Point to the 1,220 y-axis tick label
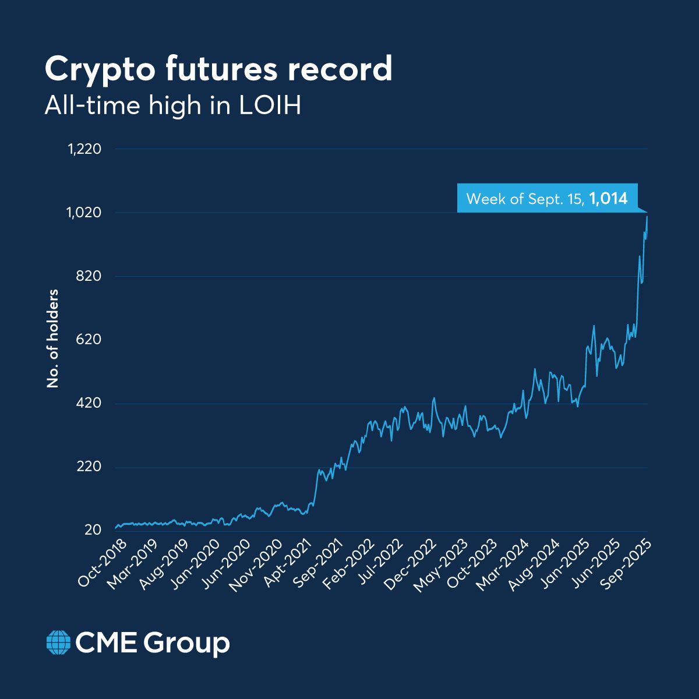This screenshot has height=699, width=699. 85,149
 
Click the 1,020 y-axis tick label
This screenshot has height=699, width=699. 85,213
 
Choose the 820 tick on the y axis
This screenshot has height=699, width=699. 90,276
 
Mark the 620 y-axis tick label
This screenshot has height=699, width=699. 90,340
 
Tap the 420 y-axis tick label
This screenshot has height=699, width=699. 90,404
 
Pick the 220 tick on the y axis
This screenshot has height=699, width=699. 90,467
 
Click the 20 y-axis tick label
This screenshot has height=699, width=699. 93,531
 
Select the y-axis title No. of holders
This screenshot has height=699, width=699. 53,338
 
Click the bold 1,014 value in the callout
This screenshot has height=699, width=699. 608,199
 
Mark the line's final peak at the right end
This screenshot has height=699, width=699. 647,217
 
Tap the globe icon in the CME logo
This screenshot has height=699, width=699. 58,642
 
